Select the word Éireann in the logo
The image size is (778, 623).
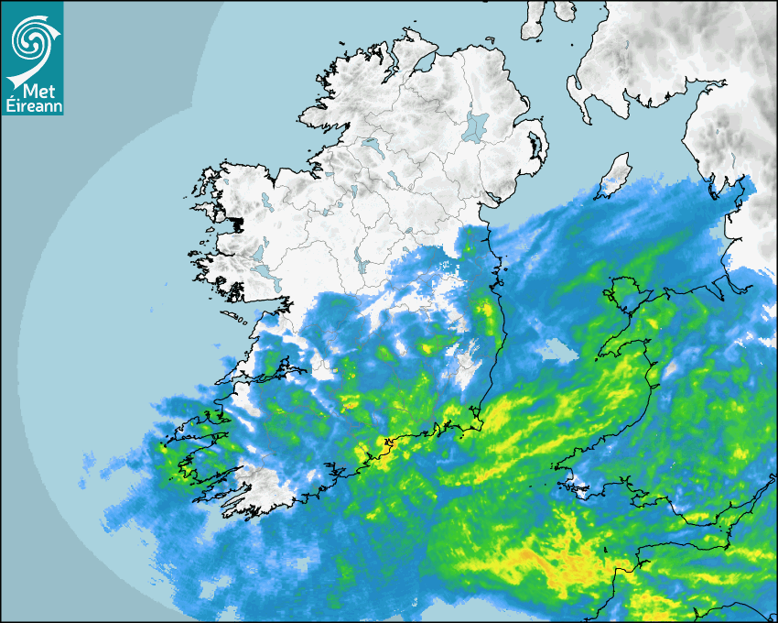32,106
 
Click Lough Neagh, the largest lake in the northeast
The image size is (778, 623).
476,126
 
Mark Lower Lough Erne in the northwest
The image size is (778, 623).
371,145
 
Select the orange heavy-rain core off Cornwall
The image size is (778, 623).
549,559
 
